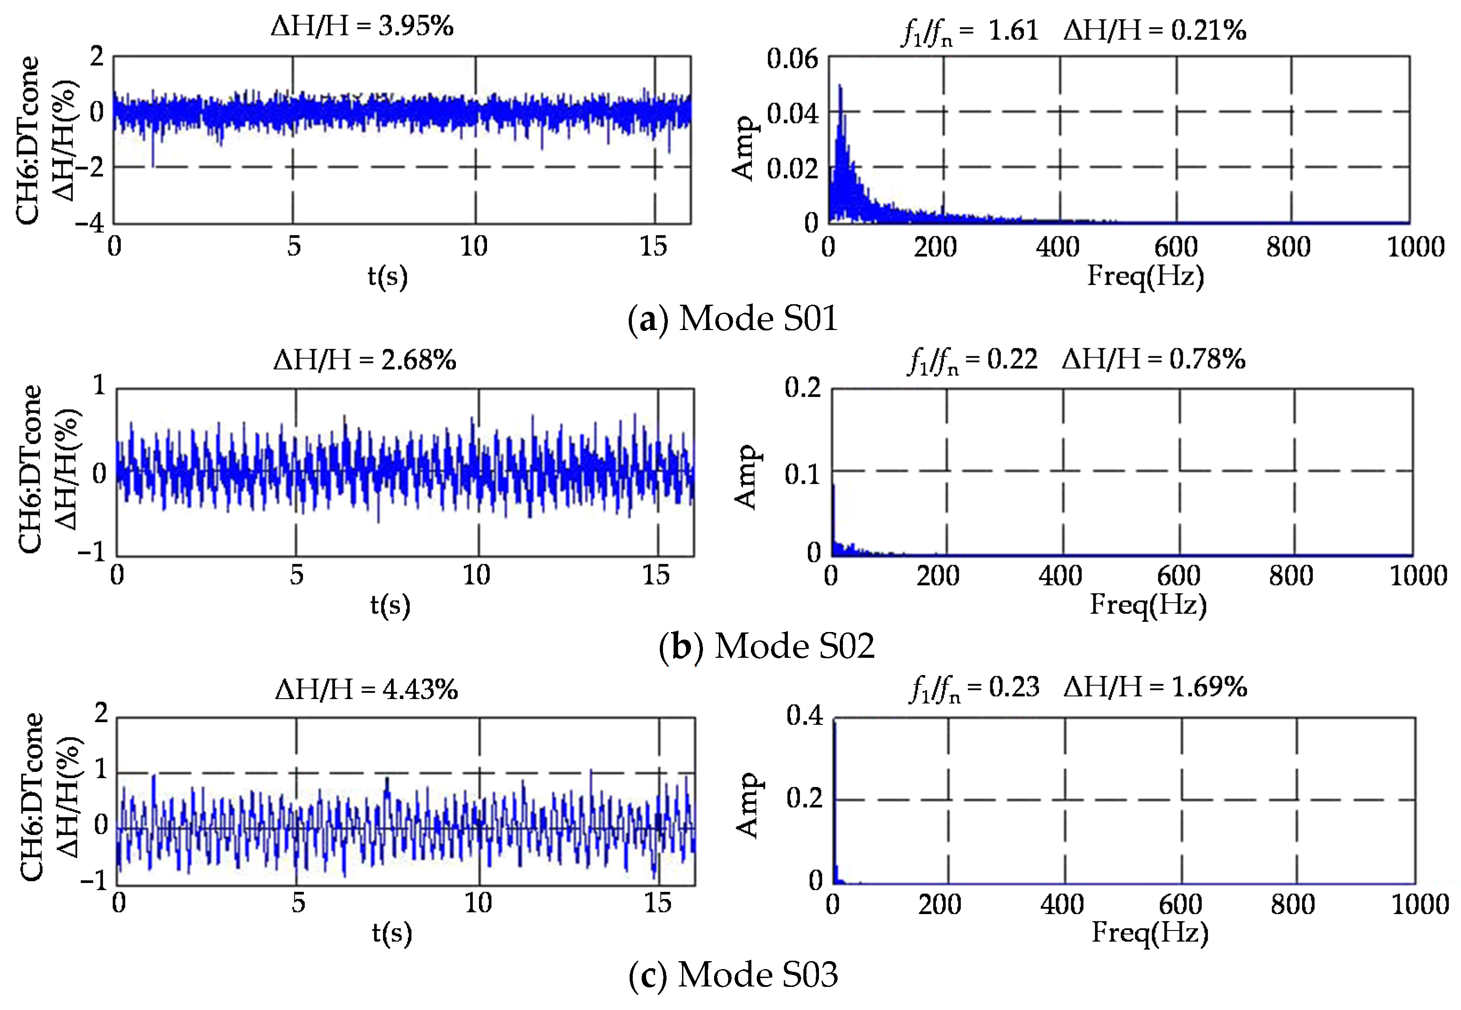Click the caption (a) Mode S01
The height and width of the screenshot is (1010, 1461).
click(x=732, y=318)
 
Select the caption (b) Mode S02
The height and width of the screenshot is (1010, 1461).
click(x=766, y=646)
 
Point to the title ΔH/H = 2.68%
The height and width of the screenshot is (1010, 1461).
click(x=365, y=359)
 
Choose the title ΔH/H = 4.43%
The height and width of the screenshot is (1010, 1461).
click(x=366, y=688)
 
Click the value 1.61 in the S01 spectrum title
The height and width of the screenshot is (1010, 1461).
click(x=1013, y=30)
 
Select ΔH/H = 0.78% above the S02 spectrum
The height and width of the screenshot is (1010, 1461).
click(x=1154, y=359)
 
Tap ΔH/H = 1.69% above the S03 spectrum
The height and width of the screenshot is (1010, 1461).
click(x=1155, y=687)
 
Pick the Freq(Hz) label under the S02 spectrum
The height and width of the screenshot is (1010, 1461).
click(x=1148, y=604)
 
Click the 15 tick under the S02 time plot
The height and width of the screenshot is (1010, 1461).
click(x=656, y=575)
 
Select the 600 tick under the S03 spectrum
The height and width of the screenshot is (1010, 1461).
click(x=1180, y=904)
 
